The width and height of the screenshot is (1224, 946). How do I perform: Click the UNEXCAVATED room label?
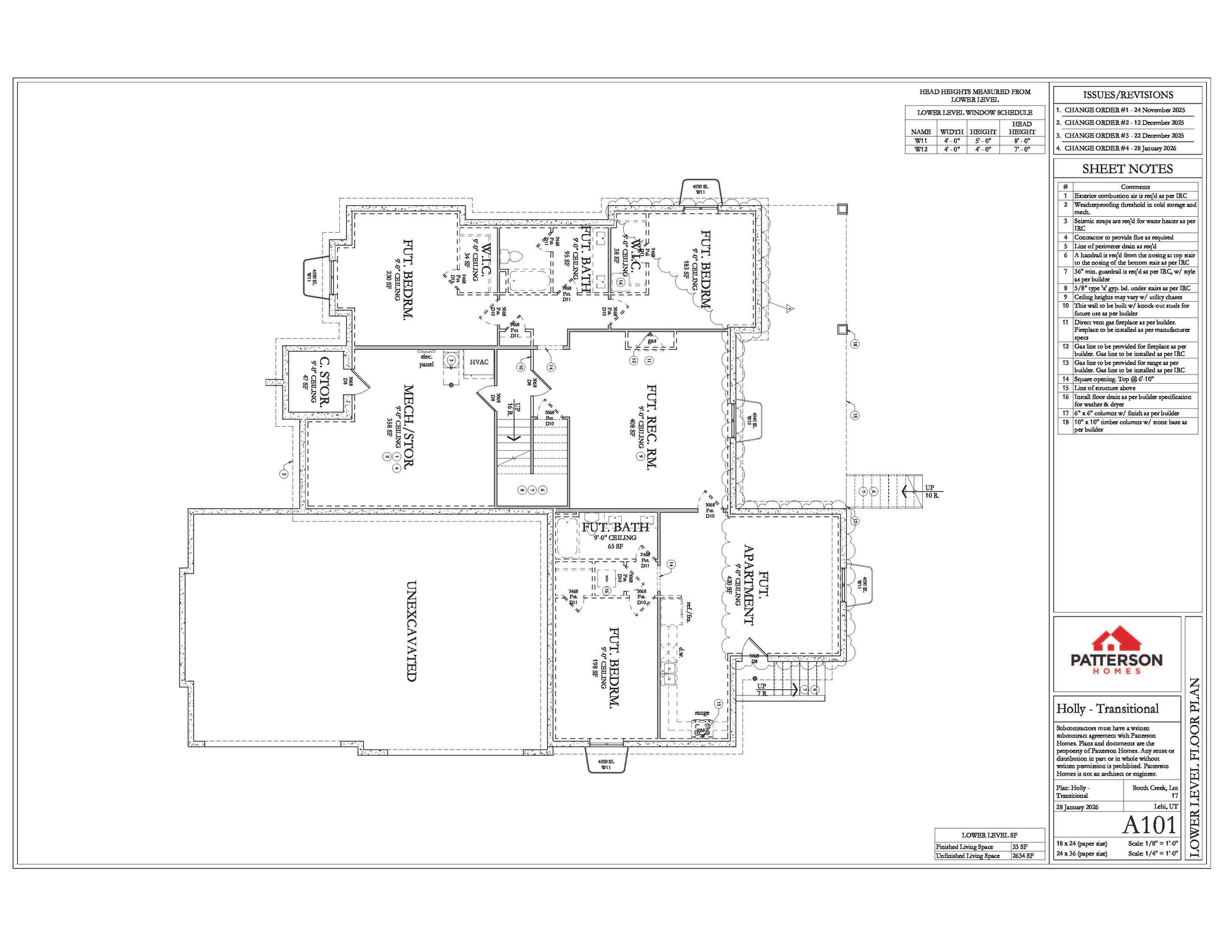[x=412, y=631]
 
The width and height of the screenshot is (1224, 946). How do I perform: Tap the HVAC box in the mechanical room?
[x=479, y=362]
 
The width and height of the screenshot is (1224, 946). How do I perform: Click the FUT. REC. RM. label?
[x=651, y=426]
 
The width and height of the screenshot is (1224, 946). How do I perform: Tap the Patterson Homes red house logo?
[x=1116, y=639]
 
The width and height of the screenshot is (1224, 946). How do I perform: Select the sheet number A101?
[x=1149, y=825]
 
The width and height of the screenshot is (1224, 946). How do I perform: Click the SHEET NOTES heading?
[x=1127, y=169]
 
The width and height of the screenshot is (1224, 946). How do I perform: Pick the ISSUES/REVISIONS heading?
[x=1127, y=95]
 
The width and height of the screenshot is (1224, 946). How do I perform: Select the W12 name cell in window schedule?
[x=920, y=149]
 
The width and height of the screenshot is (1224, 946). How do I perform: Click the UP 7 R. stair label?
[x=762, y=689]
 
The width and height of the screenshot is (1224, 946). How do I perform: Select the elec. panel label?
[x=426, y=360]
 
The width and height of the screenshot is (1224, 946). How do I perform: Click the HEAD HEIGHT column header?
[x=1021, y=127]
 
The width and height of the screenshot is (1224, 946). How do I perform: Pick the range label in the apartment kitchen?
[x=702, y=713]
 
